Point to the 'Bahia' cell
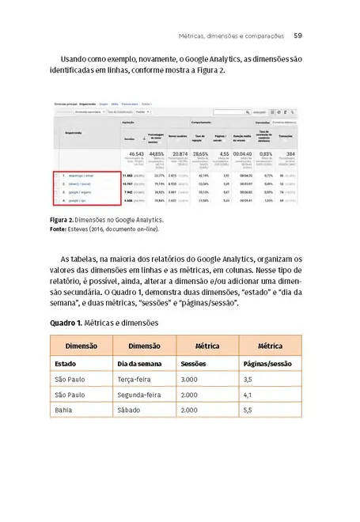[64, 410]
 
